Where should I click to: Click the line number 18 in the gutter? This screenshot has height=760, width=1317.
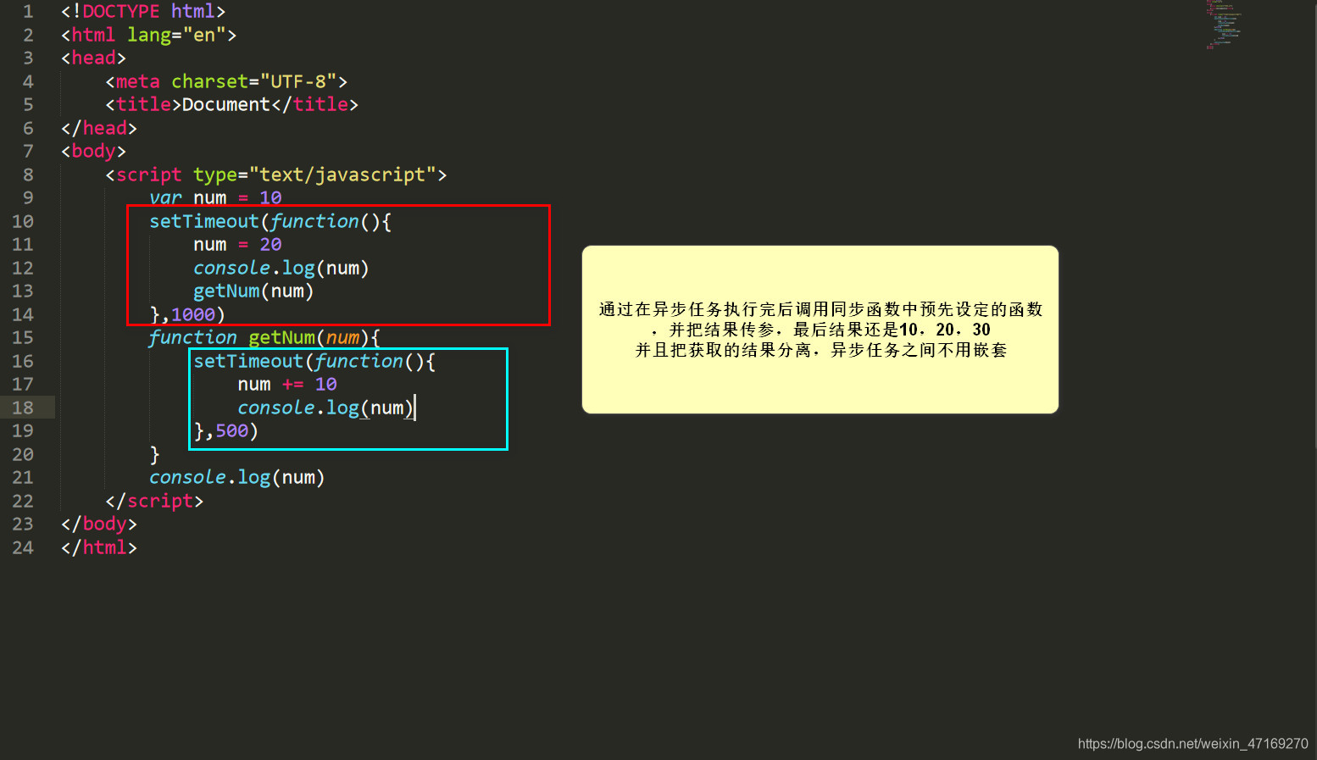tap(23, 408)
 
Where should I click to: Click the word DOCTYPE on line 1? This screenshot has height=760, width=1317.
tap(120, 12)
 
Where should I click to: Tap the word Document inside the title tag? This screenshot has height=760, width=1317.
tap(225, 105)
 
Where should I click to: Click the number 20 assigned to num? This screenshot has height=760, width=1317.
tap(270, 245)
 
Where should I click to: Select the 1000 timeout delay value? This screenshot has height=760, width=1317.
tap(193, 315)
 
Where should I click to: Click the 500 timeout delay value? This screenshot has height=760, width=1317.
tap(231, 431)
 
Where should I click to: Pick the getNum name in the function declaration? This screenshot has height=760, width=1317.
tap(281, 338)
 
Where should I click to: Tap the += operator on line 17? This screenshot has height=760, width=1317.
tap(292, 385)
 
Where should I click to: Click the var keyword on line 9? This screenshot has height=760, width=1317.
tap(165, 198)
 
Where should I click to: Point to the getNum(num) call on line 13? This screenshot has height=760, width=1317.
tap(253, 291)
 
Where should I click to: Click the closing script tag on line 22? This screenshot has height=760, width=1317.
tap(154, 502)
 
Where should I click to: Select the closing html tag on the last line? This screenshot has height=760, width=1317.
tap(99, 548)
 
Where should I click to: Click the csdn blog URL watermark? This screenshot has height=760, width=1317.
tap(1192, 744)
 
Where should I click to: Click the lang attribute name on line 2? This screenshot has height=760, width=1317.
tap(149, 36)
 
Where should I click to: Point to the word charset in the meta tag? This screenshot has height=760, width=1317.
tap(209, 82)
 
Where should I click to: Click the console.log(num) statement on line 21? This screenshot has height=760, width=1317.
tap(236, 478)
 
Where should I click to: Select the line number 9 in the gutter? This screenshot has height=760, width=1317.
tap(28, 198)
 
